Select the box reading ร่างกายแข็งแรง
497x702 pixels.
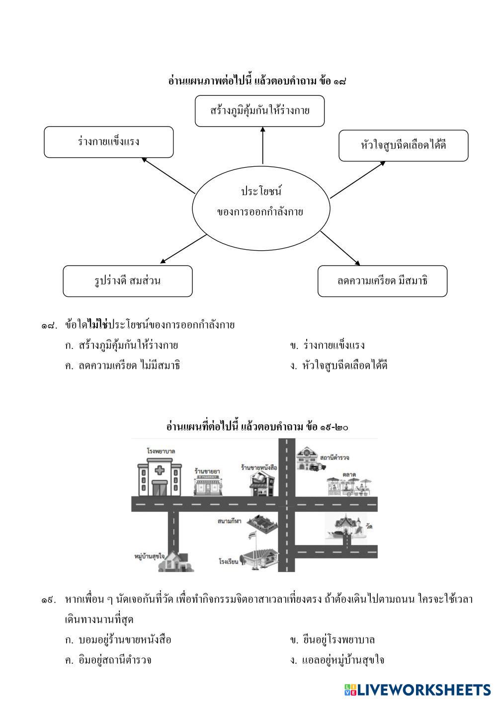click(109, 142)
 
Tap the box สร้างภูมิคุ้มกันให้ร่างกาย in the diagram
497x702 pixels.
click(260, 111)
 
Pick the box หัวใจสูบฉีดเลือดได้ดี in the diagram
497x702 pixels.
click(403, 145)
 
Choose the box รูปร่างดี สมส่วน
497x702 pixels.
click(127, 281)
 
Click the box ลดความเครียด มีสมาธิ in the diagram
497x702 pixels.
click(382, 281)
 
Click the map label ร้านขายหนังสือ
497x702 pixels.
click(258, 468)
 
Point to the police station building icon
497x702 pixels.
click(309, 460)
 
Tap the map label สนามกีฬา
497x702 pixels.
click(229, 522)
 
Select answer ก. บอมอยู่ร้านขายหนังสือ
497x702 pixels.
click(118, 640)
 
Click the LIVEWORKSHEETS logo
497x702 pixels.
click(417, 690)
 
